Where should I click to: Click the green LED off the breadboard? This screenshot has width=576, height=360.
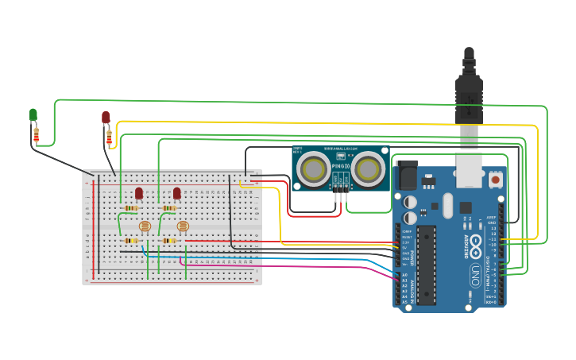pyautogui.click(x=33, y=115)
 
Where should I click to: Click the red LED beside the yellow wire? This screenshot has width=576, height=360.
pyautogui.click(x=106, y=118)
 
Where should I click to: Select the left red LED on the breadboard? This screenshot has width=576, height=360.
pyautogui.click(x=139, y=193)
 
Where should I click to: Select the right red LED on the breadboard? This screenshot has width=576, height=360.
pyautogui.click(x=177, y=193)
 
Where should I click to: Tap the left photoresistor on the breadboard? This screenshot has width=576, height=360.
pyautogui.click(x=145, y=226)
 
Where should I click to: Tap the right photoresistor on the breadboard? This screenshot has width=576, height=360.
pyautogui.click(x=183, y=226)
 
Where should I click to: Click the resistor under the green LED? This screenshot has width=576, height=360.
pyautogui.click(x=36, y=136)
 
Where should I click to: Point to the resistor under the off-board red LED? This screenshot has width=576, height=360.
pyautogui.click(x=109, y=139)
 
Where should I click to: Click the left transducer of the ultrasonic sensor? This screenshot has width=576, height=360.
pyautogui.click(x=315, y=169)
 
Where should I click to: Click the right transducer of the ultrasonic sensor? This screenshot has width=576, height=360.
pyautogui.click(x=368, y=169)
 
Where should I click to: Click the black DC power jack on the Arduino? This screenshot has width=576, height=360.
pyautogui.click(x=406, y=176)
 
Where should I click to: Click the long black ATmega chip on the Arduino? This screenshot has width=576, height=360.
pyautogui.click(x=427, y=265)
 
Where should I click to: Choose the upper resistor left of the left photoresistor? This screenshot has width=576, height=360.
pyautogui.click(x=131, y=209)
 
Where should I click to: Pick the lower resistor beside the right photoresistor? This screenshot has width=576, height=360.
pyautogui.click(x=169, y=241)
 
